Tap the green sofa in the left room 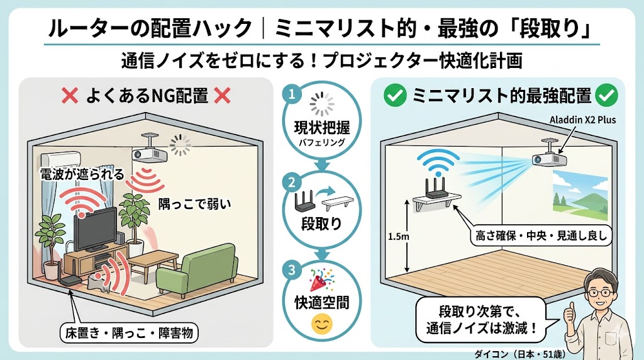[x=196, y=267]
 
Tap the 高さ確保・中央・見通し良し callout [x=540, y=237]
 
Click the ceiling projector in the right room [x=545, y=159]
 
